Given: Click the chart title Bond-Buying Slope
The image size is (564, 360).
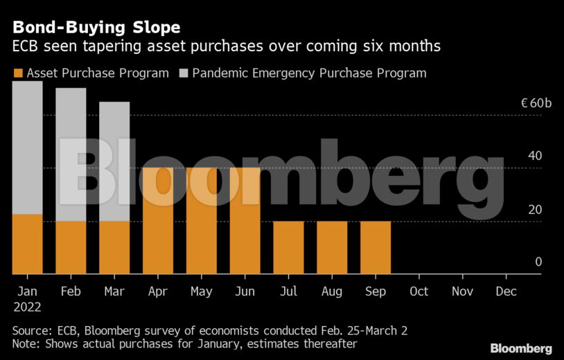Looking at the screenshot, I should [96, 28].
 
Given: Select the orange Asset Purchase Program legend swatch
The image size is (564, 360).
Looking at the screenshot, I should [18, 73].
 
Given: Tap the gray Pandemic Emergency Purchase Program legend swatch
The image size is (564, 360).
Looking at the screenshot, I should [184, 73].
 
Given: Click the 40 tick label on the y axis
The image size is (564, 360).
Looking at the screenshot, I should [534, 156].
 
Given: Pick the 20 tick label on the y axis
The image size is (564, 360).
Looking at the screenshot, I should [534, 210].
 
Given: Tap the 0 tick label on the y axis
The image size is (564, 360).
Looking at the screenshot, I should [538, 262].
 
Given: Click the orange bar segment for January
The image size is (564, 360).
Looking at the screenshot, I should [27, 244].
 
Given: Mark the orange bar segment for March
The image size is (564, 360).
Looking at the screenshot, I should [114, 248].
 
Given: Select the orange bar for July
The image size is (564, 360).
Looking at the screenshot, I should [288, 248].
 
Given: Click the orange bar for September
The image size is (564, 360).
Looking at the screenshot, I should [376, 248].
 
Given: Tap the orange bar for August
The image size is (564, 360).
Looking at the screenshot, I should [332, 248].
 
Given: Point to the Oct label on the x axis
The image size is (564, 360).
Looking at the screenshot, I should [418, 291].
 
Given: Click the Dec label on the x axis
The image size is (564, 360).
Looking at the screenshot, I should [506, 291].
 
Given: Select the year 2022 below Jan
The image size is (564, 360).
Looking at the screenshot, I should [27, 307].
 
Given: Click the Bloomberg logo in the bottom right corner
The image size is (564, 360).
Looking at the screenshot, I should [521, 348].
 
